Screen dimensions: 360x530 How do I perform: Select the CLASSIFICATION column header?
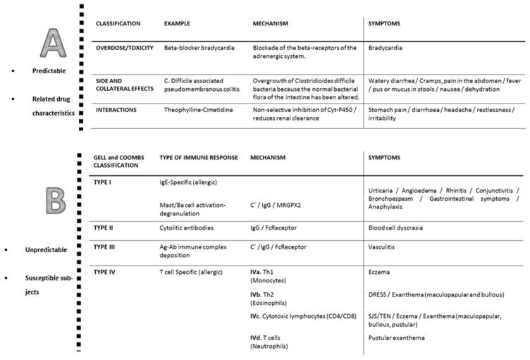click(123, 23)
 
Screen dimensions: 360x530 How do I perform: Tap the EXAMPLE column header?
click(176, 23)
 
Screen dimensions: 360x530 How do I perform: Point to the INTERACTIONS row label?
click(119, 109)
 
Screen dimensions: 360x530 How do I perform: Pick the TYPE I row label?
click(104, 181)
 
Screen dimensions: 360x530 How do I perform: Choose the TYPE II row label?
click(105, 228)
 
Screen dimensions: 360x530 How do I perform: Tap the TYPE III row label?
click(106, 248)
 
